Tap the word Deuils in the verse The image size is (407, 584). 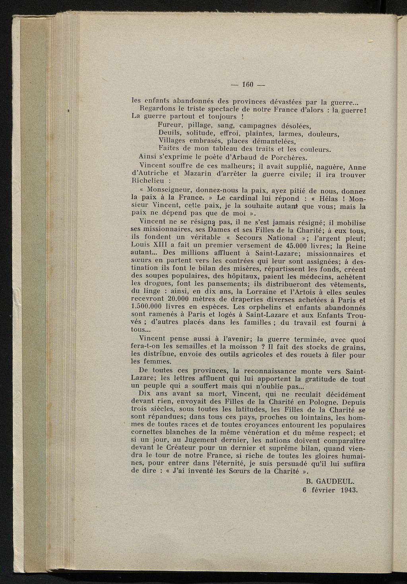click(x=169, y=133)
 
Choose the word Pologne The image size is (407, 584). click(x=322, y=402)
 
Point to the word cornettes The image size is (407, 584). click(x=147, y=433)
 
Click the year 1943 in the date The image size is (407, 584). click(x=350, y=489)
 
